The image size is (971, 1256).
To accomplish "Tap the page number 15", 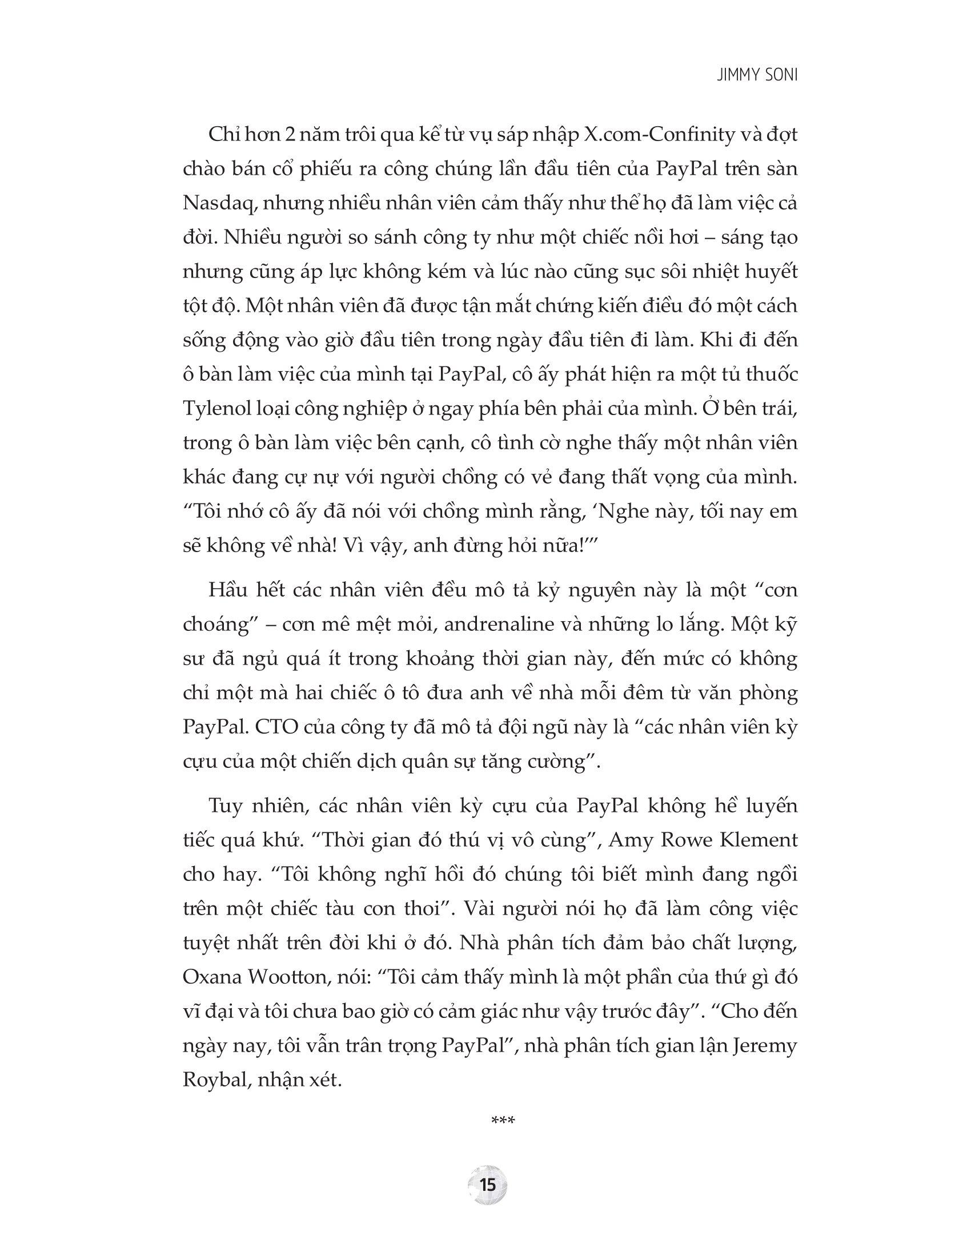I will [x=487, y=1185].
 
